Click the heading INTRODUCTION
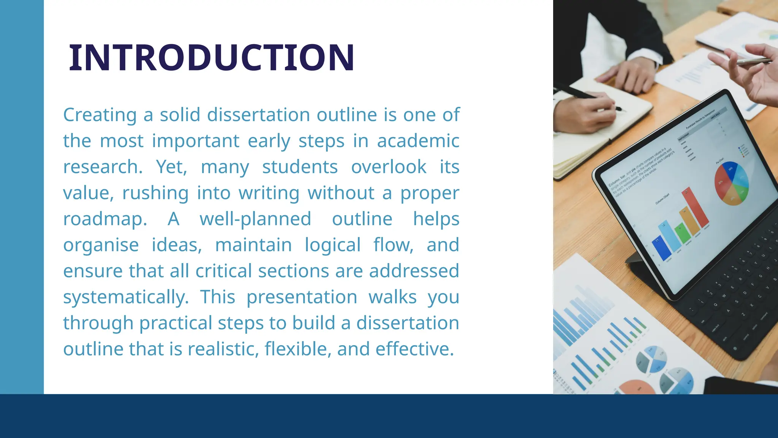coord(212,57)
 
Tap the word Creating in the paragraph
coord(100,115)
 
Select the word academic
coord(418,141)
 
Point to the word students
coord(300,167)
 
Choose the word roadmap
coord(105,219)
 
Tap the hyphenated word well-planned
coord(255,219)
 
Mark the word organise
coord(101,245)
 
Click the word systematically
coord(126,297)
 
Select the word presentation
coord(302,297)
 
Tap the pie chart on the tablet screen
coord(731,183)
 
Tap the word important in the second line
coord(196,141)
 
